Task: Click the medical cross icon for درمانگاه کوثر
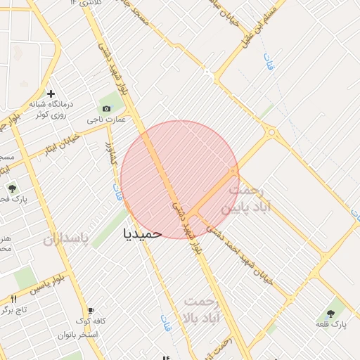pos(51,94)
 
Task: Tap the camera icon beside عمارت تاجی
pos(106,108)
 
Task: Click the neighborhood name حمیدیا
pos(142,233)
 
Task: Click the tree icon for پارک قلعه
pos(330,314)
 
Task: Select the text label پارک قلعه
pos(330,325)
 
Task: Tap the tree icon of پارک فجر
pos(12,188)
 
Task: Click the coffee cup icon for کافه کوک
pos(91,310)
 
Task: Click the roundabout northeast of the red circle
pos(271,131)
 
